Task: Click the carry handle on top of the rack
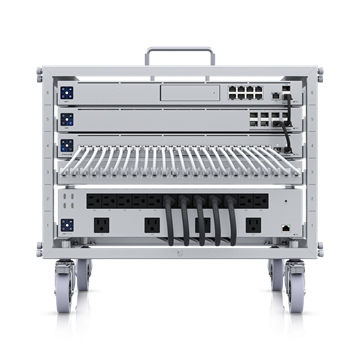click(x=179, y=48)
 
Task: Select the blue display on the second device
click(x=67, y=119)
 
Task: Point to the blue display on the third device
click(x=67, y=145)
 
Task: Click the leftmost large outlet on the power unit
click(x=102, y=226)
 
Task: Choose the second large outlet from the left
click(x=152, y=226)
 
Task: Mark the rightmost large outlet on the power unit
click(x=253, y=226)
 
